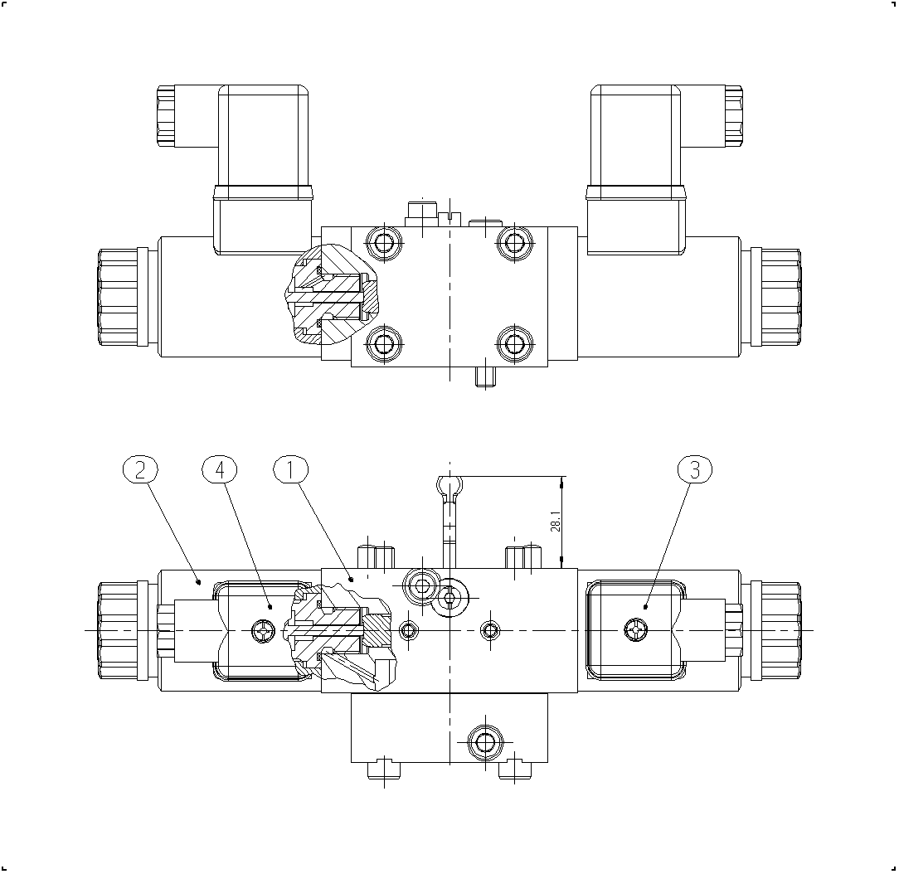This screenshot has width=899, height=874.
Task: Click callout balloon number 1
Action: [291, 470]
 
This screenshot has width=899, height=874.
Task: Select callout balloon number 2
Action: [140, 470]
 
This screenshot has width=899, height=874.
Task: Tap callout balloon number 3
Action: [695, 470]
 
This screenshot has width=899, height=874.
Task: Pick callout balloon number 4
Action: [220, 470]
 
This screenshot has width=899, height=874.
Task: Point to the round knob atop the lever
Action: [449, 486]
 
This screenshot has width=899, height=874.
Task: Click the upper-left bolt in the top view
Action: [384, 244]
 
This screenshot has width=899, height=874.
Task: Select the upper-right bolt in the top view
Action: [514, 244]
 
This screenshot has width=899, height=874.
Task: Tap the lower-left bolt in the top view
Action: [384, 344]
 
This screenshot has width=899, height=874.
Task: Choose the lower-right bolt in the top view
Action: [514, 344]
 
